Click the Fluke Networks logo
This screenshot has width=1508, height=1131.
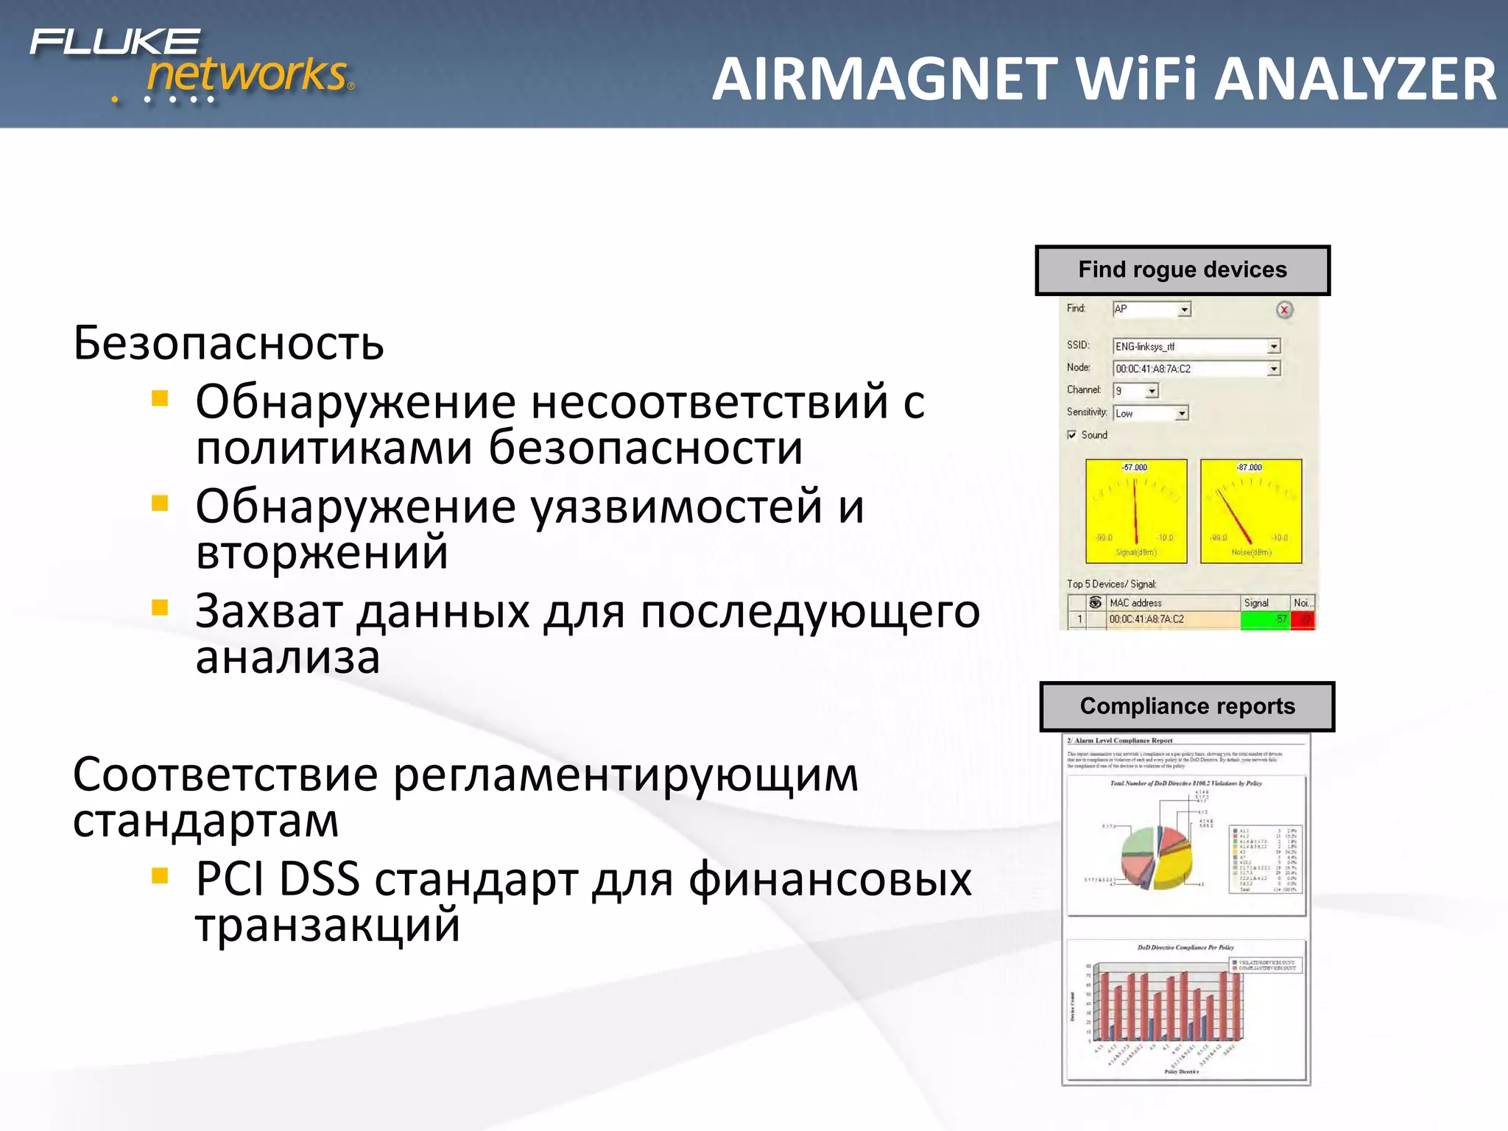tap(191, 65)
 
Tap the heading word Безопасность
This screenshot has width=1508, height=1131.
tap(228, 343)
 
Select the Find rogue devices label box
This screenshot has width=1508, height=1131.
tap(1182, 270)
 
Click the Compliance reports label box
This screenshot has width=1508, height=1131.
tap(1186, 706)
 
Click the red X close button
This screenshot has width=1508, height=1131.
tap(1284, 310)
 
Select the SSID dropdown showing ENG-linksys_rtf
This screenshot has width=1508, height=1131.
tap(1196, 346)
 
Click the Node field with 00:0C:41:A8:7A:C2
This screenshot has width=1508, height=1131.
tap(1196, 369)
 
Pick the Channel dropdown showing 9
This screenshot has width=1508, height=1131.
tap(1135, 391)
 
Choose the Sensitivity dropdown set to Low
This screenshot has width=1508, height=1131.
tap(1149, 414)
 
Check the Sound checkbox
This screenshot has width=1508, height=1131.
tap(1072, 435)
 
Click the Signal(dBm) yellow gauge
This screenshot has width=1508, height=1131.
tap(1135, 511)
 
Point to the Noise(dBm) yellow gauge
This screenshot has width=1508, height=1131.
tap(1250, 511)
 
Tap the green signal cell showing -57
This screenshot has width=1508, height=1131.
tap(1265, 620)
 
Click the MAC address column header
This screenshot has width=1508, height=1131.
tap(1135, 603)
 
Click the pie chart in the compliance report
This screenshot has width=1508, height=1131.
tap(1156, 858)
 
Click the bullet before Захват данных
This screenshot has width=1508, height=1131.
tap(160, 608)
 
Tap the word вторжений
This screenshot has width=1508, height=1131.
tap(322, 552)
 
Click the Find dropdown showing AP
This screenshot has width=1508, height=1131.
tap(1151, 309)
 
